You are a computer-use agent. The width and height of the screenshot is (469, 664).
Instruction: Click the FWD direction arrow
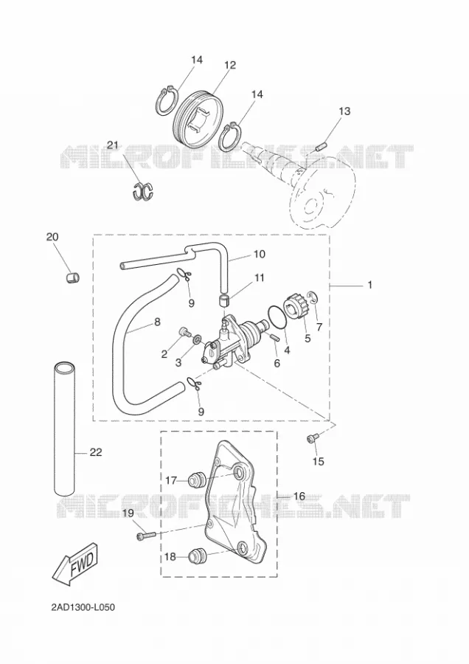[76, 562]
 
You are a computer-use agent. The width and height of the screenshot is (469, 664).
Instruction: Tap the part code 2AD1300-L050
[83, 608]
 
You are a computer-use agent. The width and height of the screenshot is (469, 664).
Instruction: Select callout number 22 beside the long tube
[96, 452]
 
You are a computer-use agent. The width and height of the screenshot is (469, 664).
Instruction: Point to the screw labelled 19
[147, 536]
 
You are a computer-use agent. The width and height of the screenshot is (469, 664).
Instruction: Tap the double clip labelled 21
[143, 190]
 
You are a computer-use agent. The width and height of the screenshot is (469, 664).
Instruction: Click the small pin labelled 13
[320, 148]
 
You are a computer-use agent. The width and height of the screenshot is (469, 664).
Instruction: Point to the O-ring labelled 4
[277, 317]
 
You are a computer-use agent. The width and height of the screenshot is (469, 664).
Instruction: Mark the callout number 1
[369, 285]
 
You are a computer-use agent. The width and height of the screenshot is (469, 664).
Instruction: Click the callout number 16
[299, 496]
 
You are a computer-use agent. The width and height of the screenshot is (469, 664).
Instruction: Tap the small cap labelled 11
[224, 301]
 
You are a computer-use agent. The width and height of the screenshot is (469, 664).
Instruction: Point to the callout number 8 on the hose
[157, 322]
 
